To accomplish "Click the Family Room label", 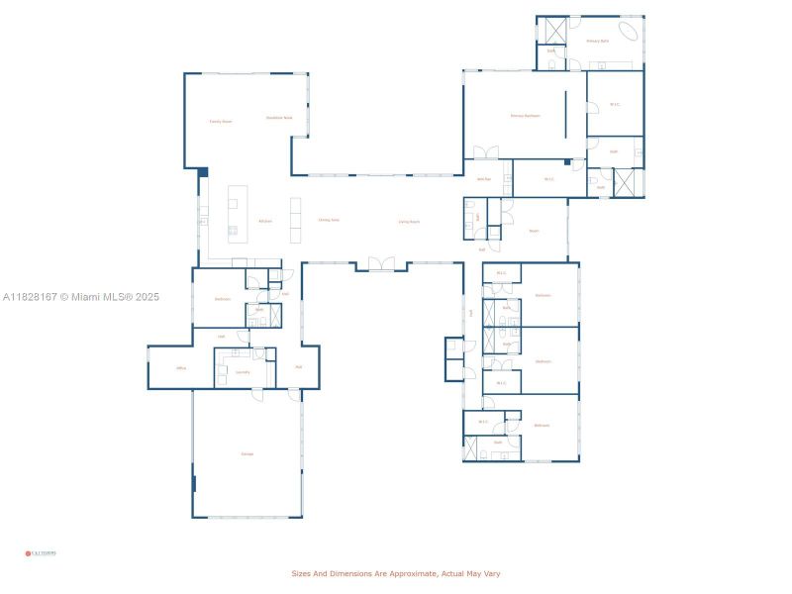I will [x=220, y=122].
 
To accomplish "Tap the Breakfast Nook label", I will [x=279, y=118].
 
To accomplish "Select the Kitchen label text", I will [x=265, y=221].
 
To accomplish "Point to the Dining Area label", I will [x=329, y=220].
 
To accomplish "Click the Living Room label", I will [x=409, y=222].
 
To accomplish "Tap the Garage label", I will [x=247, y=453].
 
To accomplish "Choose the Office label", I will [x=181, y=368].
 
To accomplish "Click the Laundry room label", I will [x=243, y=372].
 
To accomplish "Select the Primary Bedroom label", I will [x=525, y=116].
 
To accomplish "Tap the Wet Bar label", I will [x=484, y=179].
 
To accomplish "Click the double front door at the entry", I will [x=381, y=263].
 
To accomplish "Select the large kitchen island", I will [x=238, y=214].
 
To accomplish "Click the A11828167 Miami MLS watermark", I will [x=81, y=297].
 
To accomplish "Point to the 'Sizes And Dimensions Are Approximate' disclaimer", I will [x=402, y=573].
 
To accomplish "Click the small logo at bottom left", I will [x=41, y=553].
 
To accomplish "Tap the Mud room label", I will [x=298, y=367].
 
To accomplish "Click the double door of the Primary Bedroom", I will [x=486, y=153].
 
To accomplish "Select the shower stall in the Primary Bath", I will [x=551, y=29].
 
